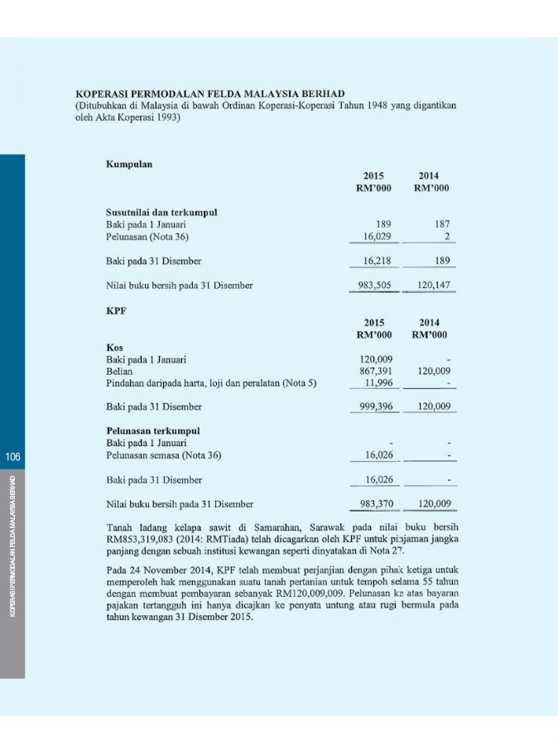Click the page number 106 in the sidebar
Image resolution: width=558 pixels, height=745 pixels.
[12, 456]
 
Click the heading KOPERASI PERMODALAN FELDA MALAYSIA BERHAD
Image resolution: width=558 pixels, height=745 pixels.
[209, 94]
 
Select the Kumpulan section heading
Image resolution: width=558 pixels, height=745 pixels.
[129, 164]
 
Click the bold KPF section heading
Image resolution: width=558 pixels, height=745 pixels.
[116, 312]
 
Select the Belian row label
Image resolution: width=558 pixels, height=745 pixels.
[120, 372]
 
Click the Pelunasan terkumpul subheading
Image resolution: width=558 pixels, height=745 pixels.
[153, 431]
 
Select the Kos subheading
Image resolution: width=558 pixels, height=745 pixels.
[114, 348]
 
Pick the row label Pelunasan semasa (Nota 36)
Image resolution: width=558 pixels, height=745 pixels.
[163, 455]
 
